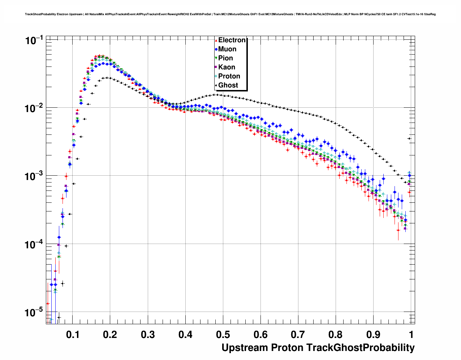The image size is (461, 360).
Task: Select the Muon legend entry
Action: (x=227, y=49)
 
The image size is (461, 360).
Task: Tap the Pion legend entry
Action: (x=225, y=58)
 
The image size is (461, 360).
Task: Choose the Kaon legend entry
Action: (x=227, y=67)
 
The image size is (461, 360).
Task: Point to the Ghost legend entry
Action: (x=228, y=85)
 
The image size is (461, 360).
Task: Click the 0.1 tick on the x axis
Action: (x=73, y=335)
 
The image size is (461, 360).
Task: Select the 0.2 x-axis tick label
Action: (x=110, y=335)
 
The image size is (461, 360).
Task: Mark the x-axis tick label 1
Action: (x=411, y=335)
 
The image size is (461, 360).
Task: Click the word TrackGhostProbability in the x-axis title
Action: (x=360, y=348)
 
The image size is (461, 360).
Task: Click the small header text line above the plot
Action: (x=230, y=14)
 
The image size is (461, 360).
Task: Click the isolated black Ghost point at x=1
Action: (x=409, y=138)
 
